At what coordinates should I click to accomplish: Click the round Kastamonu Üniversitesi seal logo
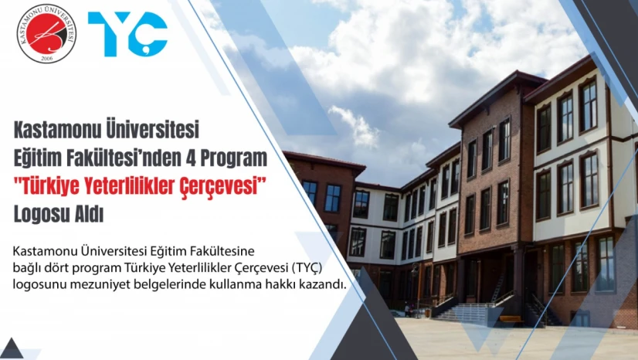46,33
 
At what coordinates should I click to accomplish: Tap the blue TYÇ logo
127,34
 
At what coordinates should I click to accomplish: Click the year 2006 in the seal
46,57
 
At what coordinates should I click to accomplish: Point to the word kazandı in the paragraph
319,284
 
